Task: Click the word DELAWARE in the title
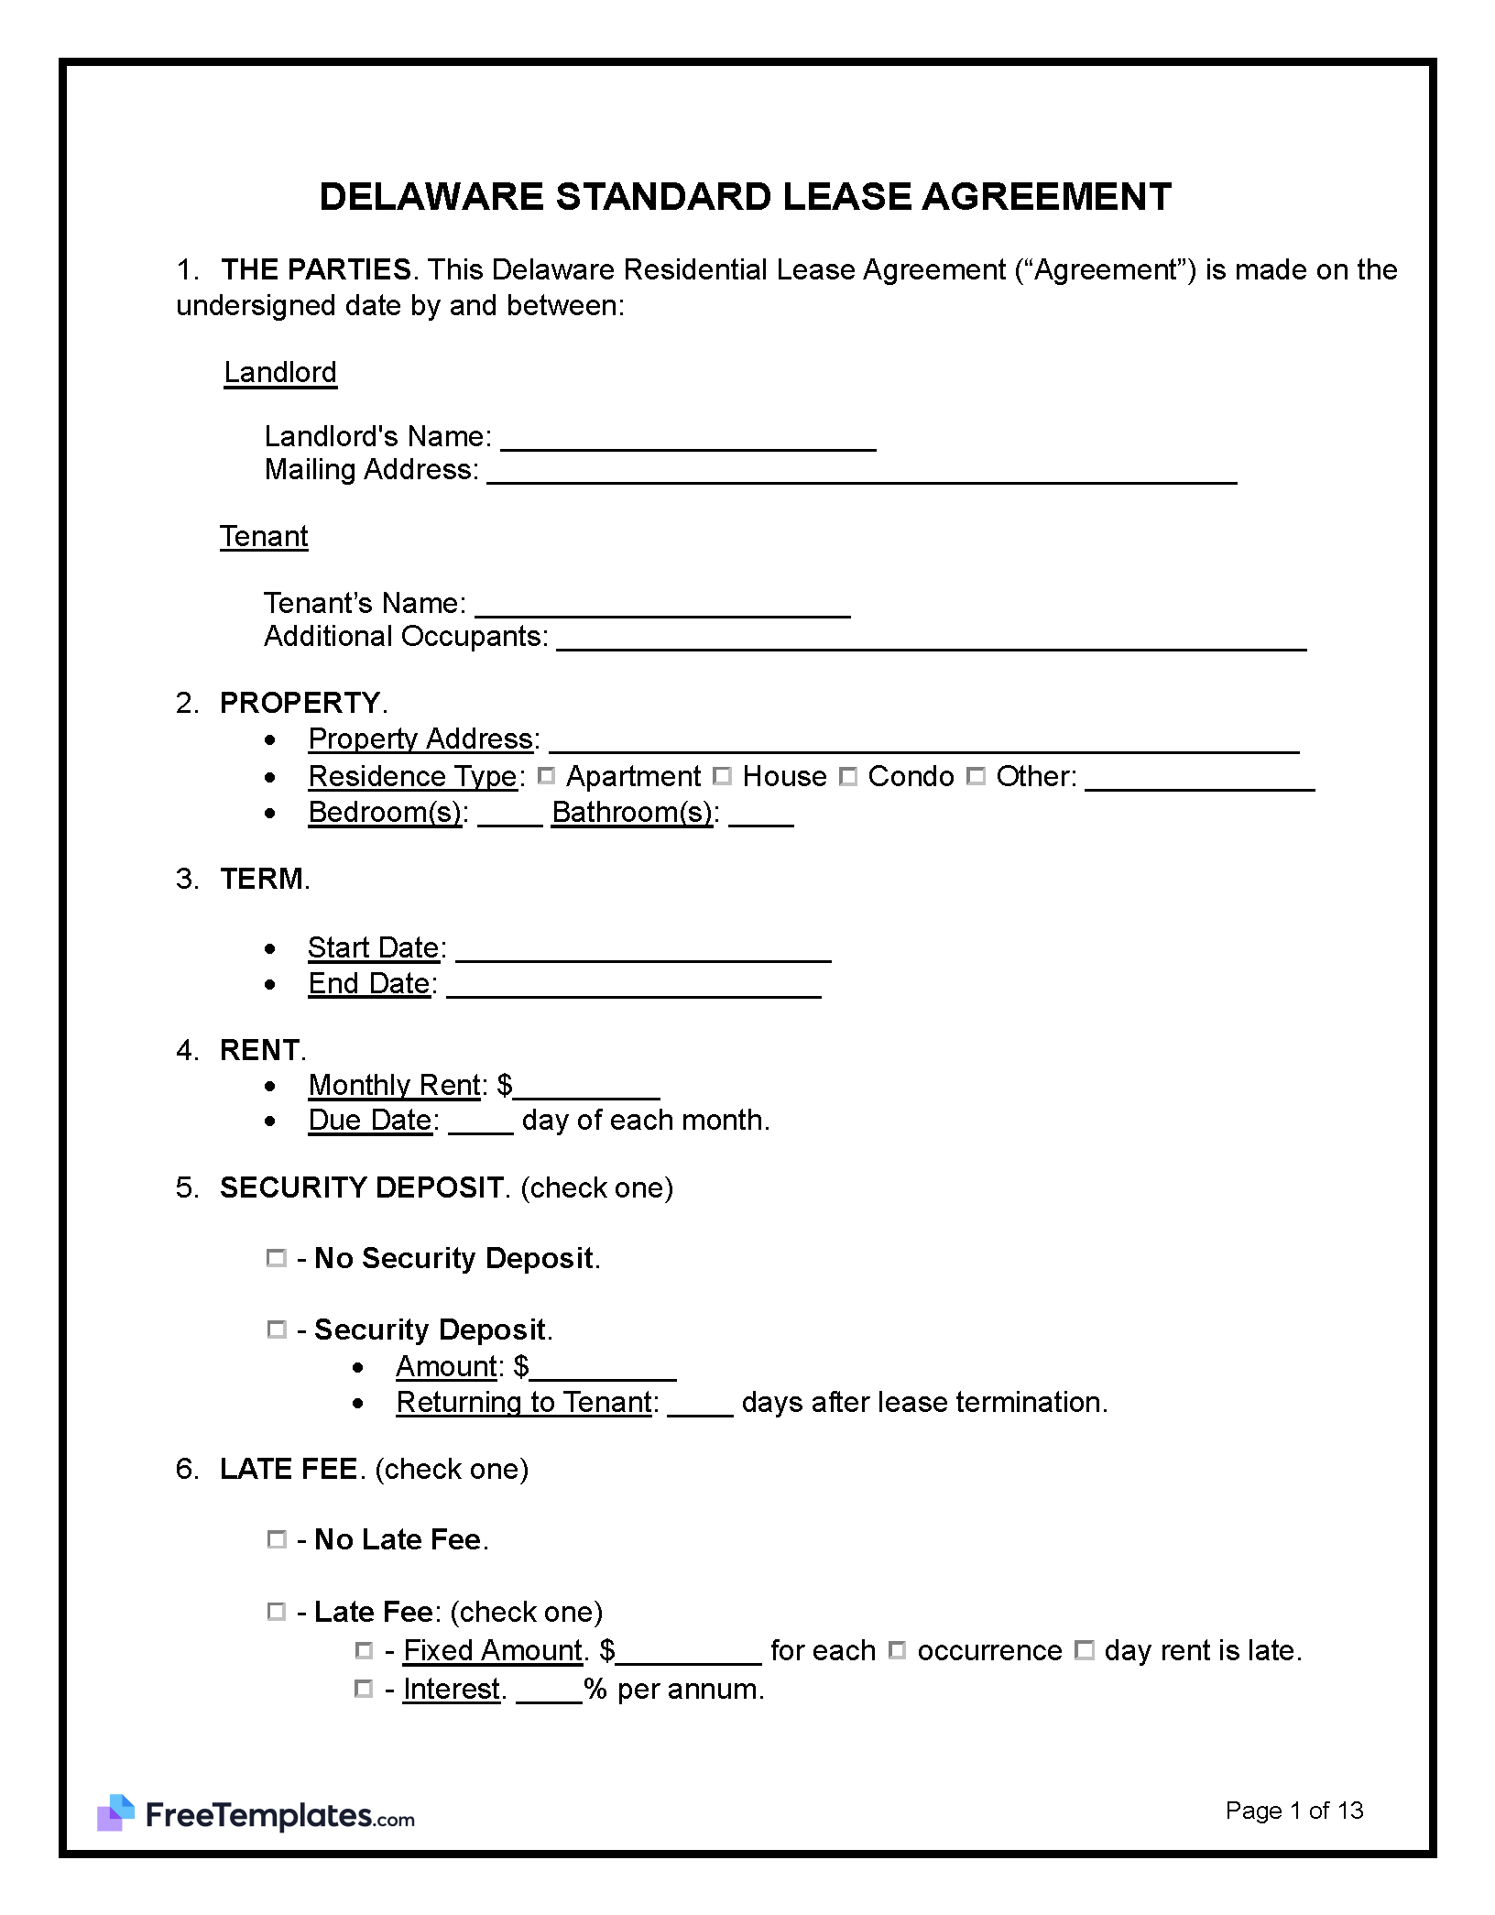click(x=431, y=197)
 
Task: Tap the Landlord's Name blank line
click(x=688, y=440)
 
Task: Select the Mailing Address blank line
click(x=861, y=473)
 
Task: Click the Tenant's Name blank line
click(x=662, y=607)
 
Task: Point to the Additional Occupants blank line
click(x=931, y=640)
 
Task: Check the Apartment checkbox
click(x=547, y=776)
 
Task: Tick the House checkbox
click(x=722, y=776)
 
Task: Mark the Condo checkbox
click(x=848, y=776)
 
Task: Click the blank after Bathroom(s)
click(x=761, y=815)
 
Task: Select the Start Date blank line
click(x=643, y=950)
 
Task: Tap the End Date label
click(x=369, y=983)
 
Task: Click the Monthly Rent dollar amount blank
click(x=586, y=1089)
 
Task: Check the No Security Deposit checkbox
click(x=276, y=1258)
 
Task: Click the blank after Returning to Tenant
click(x=700, y=1405)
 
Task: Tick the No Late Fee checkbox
click(x=276, y=1539)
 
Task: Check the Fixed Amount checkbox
click(x=364, y=1650)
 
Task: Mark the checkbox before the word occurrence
click(x=898, y=1650)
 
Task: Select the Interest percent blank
click(x=549, y=1691)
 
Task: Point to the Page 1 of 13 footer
click(x=1293, y=1810)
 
